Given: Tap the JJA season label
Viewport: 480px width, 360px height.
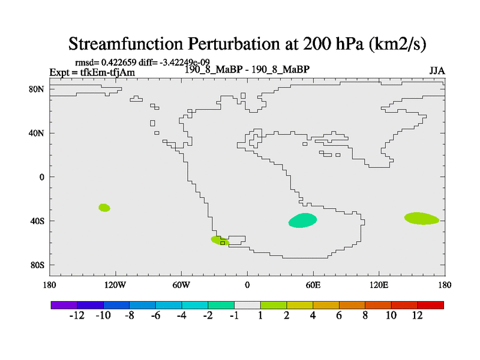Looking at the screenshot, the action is click(437, 71).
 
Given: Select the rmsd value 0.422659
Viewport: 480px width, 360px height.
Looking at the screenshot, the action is click(119, 62).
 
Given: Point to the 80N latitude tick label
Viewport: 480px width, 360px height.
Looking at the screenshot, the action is click(37, 89).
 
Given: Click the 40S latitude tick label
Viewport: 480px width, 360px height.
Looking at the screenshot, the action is click(37, 221).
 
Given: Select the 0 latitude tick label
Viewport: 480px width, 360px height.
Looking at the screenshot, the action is click(41, 177).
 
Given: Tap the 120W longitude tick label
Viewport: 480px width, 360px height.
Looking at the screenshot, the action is click(115, 286).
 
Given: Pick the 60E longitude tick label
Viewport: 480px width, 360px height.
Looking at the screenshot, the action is click(313, 286).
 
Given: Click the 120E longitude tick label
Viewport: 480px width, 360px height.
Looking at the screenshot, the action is click(379, 286).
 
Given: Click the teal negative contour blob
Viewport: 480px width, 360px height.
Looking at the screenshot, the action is click(302, 220).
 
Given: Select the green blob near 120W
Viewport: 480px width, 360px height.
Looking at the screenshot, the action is click(104, 208).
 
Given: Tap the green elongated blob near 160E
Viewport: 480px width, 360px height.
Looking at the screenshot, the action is click(422, 218).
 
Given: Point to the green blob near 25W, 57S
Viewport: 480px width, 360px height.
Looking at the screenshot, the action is click(220, 241).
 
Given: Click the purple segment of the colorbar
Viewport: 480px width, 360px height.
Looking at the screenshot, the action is click(64, 305).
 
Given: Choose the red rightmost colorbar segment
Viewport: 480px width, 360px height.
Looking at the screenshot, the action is click(431, 305).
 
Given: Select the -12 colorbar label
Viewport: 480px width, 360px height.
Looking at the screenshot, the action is click(77, 316).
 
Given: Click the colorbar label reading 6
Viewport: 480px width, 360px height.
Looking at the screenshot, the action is click(339, 316).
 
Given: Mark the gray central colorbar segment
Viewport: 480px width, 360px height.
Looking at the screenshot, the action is click(247, 305).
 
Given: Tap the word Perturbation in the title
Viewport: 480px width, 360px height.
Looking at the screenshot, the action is click(234, 44).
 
